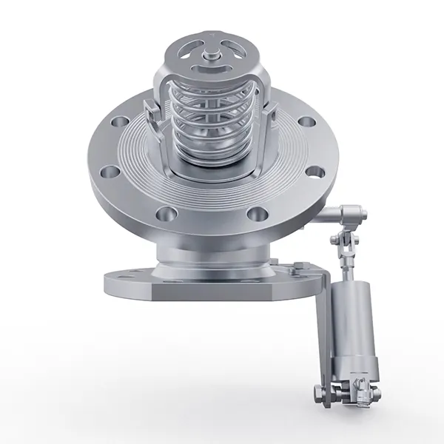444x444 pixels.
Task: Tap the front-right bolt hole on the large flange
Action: point(258,215)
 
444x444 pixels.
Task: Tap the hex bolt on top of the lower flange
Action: point(295,265)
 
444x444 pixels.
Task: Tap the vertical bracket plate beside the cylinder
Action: point(323,326)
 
